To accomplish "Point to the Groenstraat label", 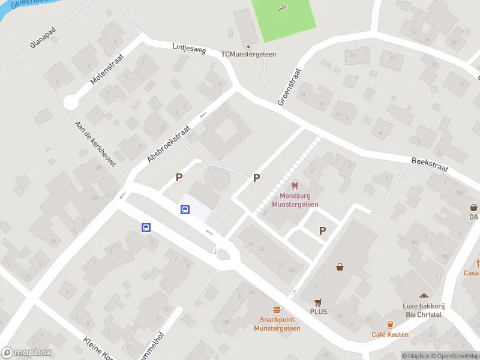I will pos(289,87).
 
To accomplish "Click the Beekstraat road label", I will pos(430,164).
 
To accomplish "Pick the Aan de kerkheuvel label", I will pos(95,142).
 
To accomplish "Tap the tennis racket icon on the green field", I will pos(282,7).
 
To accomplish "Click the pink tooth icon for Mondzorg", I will pos(294,187).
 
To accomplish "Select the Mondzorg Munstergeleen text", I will pos(295,200).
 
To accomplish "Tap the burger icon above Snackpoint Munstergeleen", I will pos(277,310).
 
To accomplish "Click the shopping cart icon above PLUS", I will pos(318,302).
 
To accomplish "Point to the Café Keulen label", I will pos(390,335).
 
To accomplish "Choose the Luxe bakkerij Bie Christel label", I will pos(422,311).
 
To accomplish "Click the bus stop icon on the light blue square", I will pos(186,209).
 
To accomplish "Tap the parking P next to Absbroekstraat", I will pos(178,177).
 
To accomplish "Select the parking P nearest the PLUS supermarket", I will pos(322,230).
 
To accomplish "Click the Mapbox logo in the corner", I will pos(26,353).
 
